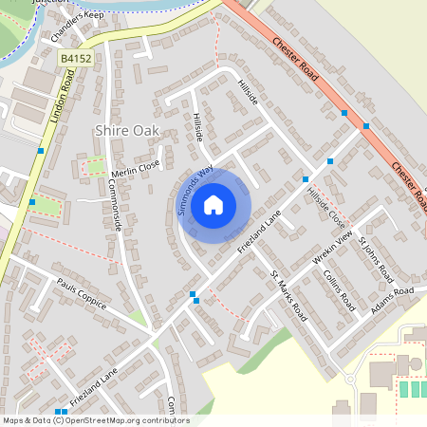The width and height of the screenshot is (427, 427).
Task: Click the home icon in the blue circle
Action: (x=213, y=205)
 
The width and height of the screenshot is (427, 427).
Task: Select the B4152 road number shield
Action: (x=68, y=59)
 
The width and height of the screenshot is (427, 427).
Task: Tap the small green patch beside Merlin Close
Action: (x=96, y=167)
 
